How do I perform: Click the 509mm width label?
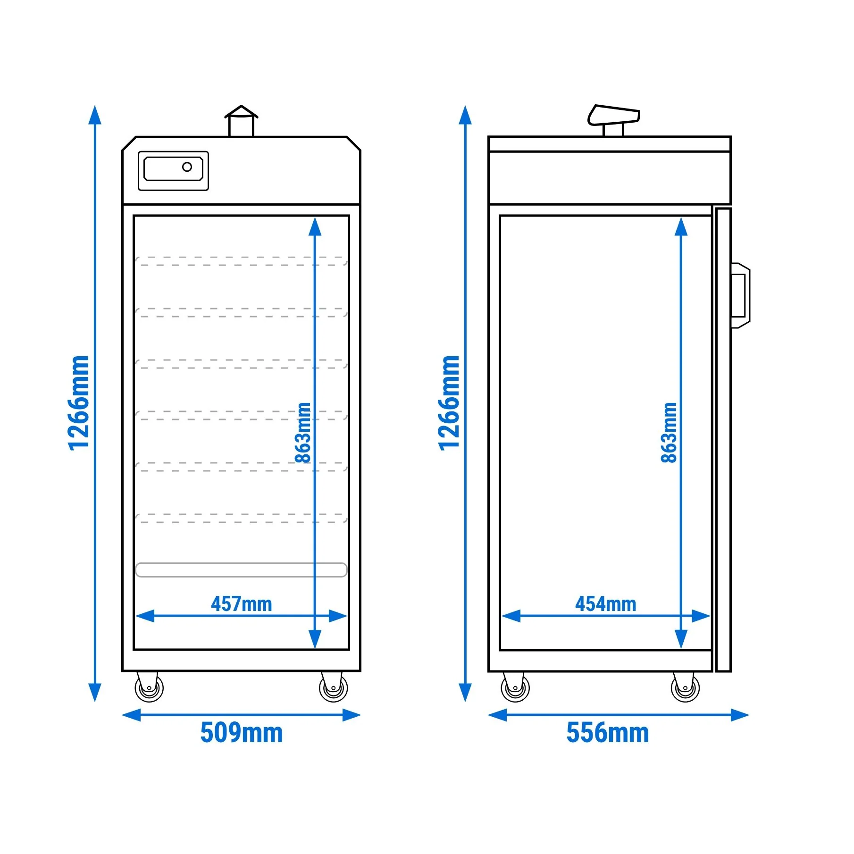pyautogui.click(x=241, y=733)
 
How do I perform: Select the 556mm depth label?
pyautogui.click(x=608, y=733)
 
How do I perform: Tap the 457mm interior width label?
pyautogui.click(x=241, y=604)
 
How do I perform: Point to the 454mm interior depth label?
pyautogui.click(x=605, y=604)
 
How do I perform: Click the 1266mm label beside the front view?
pyautogui.click(x=78, y=403)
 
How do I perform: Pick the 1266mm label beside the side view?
pyautogui.click(x=449, y=403)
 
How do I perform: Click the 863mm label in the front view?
pyautogui.click(x=302, y=433)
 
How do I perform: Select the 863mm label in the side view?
pyautogui.click(x=669, y=433)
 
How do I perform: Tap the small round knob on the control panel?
pyautogui.click(x=187, y=167)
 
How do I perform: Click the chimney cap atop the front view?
pyautogui.click(x=241, y=112)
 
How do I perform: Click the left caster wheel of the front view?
pyautogui.click(x=149, y=687)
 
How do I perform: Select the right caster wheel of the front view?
pyautogui.click(x=333, y=687)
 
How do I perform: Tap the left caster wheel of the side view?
pyautogui.click(x=515, y=687)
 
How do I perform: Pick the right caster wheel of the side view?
pyautogui.click(x=685, y=687)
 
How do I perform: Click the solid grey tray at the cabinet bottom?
pyautogui.click(x=241, y=570)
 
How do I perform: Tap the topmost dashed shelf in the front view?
pyautogui.click(x=241, y=261)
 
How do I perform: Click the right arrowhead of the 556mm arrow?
pyautogui.click(x=740, y=715)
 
